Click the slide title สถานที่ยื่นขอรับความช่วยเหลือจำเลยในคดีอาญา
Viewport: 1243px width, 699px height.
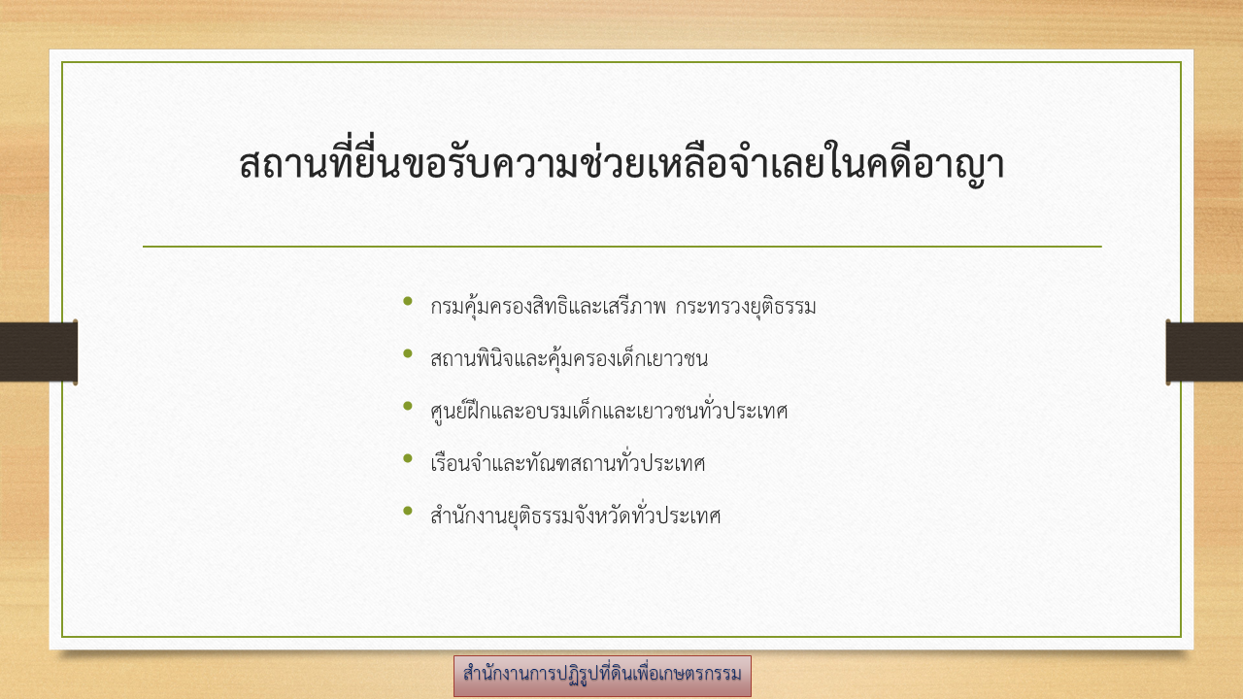coord(621,161)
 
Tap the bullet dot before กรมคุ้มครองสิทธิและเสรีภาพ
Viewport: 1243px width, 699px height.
coord(408,301)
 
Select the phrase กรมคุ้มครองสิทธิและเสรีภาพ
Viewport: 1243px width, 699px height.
coord(548,306)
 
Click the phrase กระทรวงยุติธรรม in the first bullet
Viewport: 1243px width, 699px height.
coord(745,306)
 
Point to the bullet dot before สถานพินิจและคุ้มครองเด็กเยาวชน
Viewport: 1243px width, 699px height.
coord(408,353)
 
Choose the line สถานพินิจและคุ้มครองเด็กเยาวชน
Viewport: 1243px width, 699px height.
coord(569,358)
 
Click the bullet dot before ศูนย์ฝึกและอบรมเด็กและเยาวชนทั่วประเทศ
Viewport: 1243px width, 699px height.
coord(408,406)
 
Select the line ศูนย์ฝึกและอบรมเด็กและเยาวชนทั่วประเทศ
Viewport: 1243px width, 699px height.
coord(609,411)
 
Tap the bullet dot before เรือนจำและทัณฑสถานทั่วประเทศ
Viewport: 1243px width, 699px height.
coord(408,458)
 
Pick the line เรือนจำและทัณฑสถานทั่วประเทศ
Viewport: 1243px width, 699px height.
coord(568,463)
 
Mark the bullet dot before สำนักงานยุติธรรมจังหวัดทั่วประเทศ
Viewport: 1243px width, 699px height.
coord(408,511)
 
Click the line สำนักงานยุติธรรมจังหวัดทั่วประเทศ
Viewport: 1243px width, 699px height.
coord(576,516)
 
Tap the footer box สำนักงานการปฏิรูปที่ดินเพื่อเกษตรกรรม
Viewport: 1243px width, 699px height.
coord(602,676)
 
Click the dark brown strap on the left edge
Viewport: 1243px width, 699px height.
coord(39,351)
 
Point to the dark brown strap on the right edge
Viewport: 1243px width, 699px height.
coord(1204,351)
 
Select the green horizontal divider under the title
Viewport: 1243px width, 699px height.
coord(622,247)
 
